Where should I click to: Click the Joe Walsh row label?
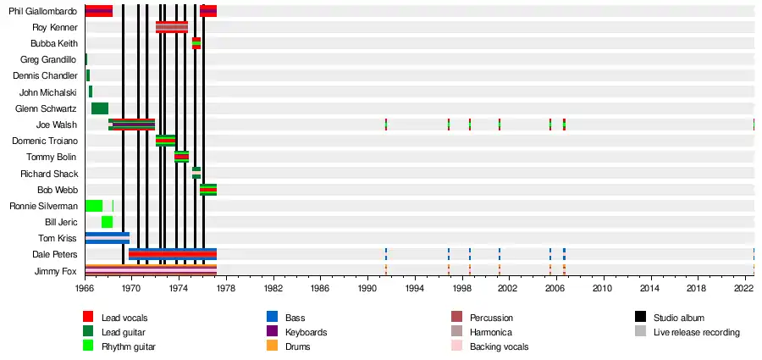pos(58,125)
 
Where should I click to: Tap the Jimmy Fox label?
pos(59,271)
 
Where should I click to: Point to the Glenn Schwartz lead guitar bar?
pos(99,108)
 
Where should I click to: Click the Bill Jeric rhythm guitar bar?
pos(107,222)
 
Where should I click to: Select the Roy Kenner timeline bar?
pos(172,27)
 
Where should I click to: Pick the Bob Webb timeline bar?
pos(208,190)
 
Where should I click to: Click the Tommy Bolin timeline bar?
pos(181,157)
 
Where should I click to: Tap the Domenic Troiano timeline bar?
pos(165,141)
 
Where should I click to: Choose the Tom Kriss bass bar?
pos(107,238)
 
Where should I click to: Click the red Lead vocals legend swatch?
pos(88,317)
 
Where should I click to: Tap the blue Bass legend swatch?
pos(272,317)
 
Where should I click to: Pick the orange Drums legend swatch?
pos(272,346)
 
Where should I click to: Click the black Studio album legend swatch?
pos(641,317)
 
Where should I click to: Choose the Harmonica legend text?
pos(491,332)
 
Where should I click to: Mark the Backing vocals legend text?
pos(499,346)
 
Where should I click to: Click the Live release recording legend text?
pos(696,332)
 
